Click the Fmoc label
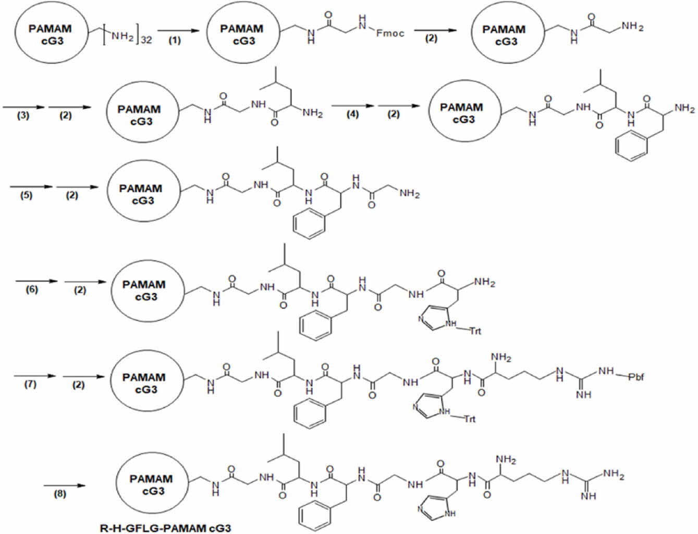point(390,33)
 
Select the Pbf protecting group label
point(635,376)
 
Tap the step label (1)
point(175,40)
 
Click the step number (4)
point(352,114)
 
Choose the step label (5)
point(26,195)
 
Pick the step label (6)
point(32,289)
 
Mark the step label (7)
point(30,385)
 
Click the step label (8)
point(60,493)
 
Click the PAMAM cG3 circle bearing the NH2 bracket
point(50,34)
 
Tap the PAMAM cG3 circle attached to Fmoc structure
point(241,34)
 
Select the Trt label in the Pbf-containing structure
point(470,418)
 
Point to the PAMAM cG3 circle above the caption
point(151,484)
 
